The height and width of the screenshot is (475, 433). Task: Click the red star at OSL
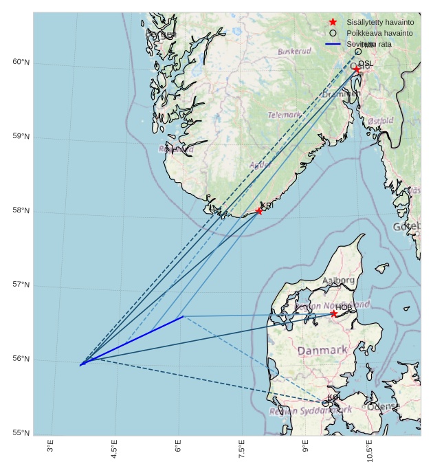tap(357, 69)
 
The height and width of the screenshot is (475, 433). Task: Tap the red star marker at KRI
tap(259, 211)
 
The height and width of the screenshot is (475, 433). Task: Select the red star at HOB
tap(334, 314)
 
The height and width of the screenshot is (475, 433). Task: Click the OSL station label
tap(366, 63)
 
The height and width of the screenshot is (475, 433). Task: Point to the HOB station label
tap(344, 307)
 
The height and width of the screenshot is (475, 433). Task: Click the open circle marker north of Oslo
tap(358, 52)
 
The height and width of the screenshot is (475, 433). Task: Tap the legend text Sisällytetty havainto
tap(380, 22)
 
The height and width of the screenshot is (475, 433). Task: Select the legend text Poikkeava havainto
tap(379, 33)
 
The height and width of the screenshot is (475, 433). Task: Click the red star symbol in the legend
tap(333, 22)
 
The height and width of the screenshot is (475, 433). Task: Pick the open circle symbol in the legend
tap(333, 33)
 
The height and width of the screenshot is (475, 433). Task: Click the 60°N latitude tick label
tap(21, 63)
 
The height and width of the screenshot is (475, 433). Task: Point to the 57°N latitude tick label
tap(21, 285)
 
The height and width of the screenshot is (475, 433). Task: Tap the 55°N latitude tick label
tap(21, 433)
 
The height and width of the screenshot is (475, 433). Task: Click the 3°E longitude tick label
tap(50, 447)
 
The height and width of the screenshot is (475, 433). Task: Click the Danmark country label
tap(322, 351)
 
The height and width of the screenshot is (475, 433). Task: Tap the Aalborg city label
tap(338, 280)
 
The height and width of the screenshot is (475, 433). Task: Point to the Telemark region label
tap(284, 115)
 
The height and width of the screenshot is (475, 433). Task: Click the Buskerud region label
tap(294, 52)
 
